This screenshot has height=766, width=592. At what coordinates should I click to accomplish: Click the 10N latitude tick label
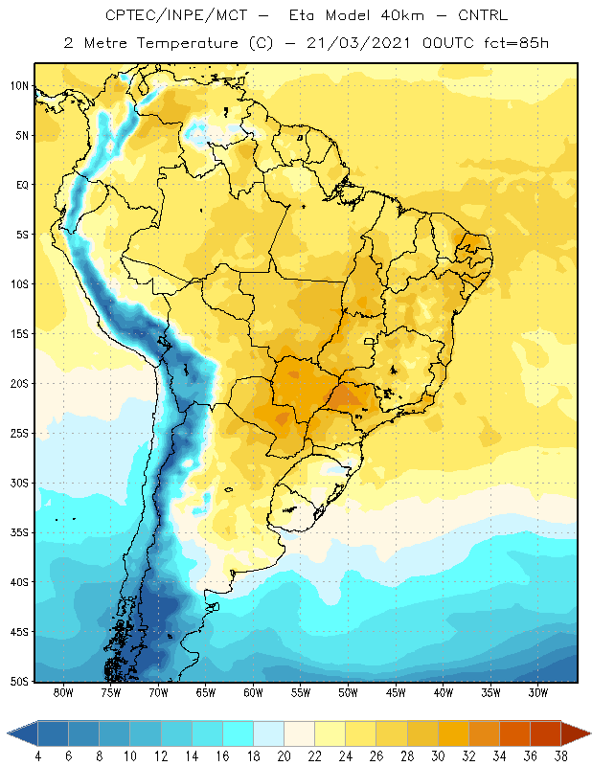(19, 86)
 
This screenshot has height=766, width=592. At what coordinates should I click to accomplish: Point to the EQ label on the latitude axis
(22, 185)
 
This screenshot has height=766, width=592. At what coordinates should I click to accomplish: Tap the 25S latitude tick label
(19, 434)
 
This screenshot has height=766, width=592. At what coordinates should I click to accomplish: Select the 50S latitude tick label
(19, 682)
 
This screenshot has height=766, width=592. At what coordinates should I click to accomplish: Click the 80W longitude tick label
(63, 692)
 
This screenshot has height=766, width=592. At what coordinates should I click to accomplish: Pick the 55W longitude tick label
(301, 692)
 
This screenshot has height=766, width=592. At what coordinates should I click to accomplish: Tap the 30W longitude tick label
(538, 692)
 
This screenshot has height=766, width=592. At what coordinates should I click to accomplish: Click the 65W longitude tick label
(205, 692)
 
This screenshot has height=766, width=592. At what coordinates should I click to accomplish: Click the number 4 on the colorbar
(37, 756)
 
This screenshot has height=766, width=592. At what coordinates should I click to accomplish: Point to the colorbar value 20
(284, 756)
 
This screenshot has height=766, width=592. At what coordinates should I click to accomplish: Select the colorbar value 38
(561, 756)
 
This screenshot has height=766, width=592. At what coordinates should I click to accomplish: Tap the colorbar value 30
(438, 756)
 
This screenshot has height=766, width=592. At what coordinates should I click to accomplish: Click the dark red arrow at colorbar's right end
(576, 733)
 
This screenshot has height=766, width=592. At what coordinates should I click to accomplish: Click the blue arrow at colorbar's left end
(22, 733)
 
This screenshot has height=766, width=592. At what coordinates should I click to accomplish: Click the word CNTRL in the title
(483, 15)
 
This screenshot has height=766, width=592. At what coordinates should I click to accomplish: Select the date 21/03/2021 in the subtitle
(358, 43)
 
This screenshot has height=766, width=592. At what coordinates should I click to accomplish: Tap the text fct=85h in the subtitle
(516, 43)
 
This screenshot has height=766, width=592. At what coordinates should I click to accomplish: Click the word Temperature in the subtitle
(187, 43)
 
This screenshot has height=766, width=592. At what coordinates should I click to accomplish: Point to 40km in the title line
(402, 15)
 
